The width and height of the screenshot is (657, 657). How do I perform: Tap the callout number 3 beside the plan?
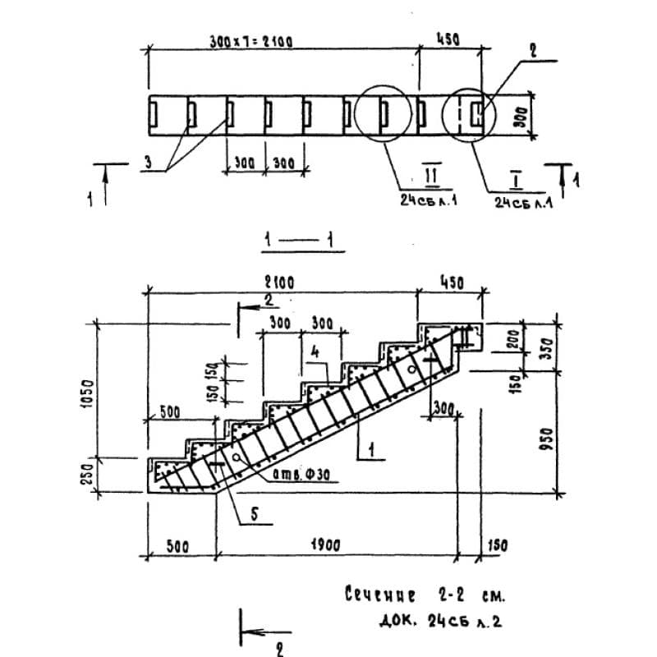click(149, 163)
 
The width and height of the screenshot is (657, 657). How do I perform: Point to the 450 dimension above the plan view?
click(448, 39)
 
